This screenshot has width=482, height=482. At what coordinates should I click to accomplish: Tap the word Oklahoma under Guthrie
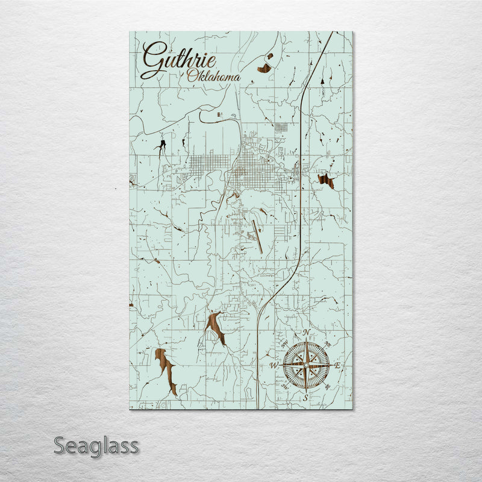(213, 77)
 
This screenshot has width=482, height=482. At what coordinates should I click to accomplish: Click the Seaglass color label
(96, 446)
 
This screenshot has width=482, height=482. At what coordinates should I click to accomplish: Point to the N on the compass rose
(306, 333)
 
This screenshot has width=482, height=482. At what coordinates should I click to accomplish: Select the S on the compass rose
(306, 398)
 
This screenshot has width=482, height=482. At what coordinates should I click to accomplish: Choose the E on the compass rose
(337, 365)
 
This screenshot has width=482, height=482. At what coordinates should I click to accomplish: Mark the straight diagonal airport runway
(257, 236)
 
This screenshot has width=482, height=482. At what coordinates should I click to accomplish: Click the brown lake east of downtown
(326, 180)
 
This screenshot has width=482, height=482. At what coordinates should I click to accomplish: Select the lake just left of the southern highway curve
(215, 326)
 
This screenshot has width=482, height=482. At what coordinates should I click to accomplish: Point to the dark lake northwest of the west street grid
(161, 146)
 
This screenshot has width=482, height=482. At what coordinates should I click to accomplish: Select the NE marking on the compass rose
(327, 345)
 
